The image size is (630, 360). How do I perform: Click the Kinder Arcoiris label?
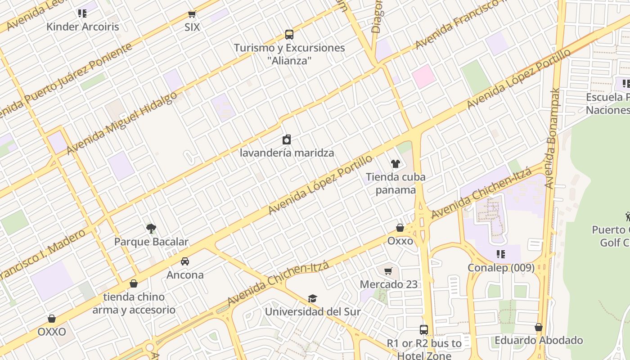83,27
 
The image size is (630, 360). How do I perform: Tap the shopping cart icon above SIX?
192,14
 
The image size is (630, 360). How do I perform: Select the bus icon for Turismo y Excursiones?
289,35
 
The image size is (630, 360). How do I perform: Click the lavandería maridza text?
287,153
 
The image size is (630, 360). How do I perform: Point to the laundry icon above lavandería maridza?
287,140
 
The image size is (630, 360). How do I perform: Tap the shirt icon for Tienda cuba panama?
396,164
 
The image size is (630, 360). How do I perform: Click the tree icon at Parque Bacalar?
151,229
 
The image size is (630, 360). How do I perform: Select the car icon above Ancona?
185,261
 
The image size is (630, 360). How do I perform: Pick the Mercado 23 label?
389,284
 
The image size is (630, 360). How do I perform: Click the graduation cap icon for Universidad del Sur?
312,298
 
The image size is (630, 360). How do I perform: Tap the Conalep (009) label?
501,268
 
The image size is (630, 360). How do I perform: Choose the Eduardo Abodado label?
539,340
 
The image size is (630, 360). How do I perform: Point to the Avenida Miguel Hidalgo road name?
121,123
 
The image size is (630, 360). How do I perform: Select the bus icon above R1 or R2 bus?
424,330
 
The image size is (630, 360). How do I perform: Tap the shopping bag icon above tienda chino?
134,283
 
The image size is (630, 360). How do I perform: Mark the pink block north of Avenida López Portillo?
423,76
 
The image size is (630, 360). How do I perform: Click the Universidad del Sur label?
312,311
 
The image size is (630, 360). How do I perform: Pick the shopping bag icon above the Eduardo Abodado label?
539,327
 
